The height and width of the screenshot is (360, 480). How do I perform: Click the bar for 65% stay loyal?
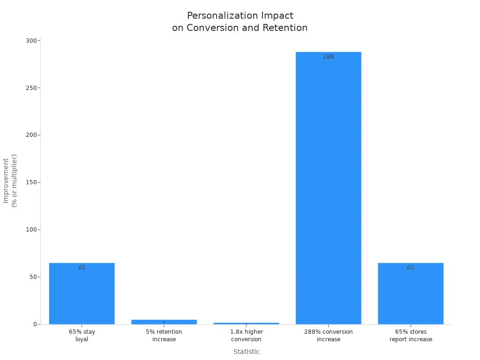click(82, 295)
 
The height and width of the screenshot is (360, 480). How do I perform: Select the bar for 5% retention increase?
click(164, 322)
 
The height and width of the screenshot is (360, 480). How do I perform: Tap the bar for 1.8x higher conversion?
click(246, 323)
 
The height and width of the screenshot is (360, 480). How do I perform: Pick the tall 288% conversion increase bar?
click(328, 187)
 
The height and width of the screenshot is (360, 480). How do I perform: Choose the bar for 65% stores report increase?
click(411, 295)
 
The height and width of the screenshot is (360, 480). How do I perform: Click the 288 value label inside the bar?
click(328, 57)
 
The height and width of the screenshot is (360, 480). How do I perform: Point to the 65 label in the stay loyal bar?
click(82, 268)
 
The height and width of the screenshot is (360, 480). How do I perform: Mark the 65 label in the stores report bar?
click(411, 268)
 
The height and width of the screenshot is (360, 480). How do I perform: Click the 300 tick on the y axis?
click(31, 41)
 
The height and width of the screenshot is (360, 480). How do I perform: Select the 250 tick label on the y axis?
click(31, 88)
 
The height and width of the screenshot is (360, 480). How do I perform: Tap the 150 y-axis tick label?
click(31, 182)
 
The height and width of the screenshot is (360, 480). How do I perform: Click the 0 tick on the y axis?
click(35, 324)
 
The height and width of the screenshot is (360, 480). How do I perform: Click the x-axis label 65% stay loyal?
click(82, 335)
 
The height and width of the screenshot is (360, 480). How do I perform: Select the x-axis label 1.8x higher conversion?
click(246, 335)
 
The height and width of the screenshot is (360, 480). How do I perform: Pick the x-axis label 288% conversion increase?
click(328, 335)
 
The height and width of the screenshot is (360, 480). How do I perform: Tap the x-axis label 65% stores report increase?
click(411, 335)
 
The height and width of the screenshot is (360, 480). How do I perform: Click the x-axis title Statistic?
click(246, 352)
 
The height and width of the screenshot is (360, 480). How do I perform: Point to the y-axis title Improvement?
click(6, 180)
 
